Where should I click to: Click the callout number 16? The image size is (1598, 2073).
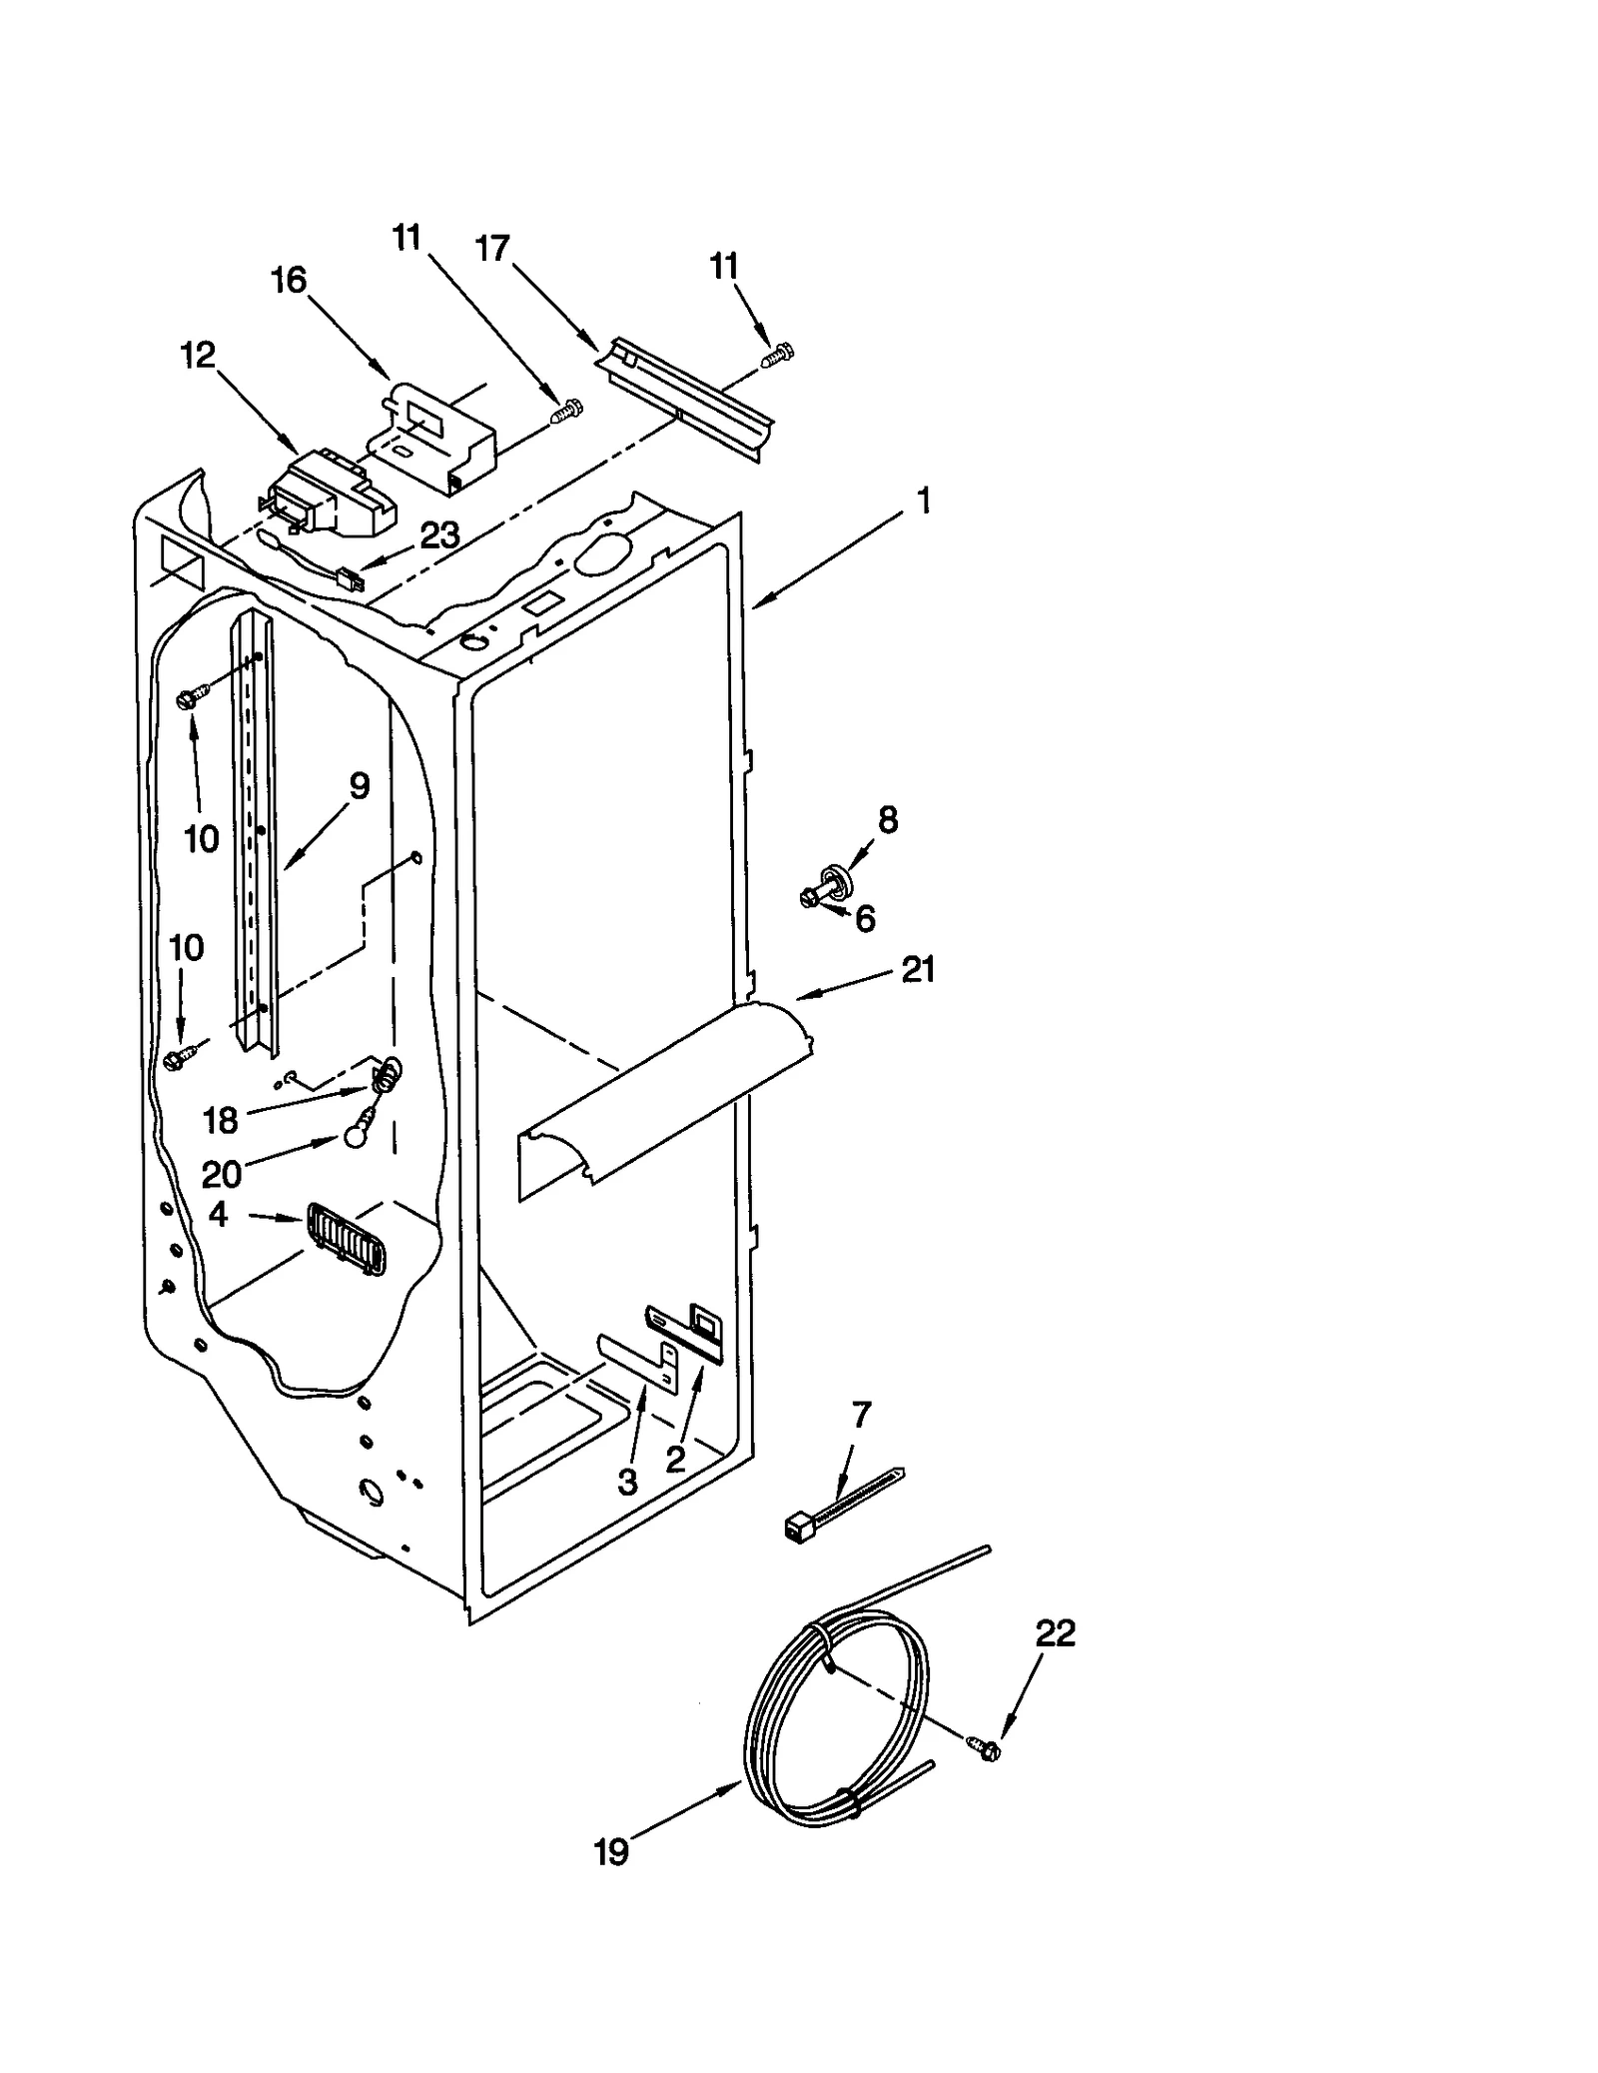click(289, 281)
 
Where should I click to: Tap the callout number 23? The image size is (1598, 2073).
click(438, 536)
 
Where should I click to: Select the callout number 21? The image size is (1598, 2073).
click(918, 968)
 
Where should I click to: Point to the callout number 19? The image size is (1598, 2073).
click(611, 1852)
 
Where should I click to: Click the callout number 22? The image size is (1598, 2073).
click(1056, 1633)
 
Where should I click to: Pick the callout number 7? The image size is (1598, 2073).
click(861, 1414)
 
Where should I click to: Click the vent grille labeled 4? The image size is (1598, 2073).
click(346, 1239)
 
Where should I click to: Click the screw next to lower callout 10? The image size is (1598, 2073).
click(179, 1059)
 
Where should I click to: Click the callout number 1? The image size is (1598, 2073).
click(924, 501)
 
